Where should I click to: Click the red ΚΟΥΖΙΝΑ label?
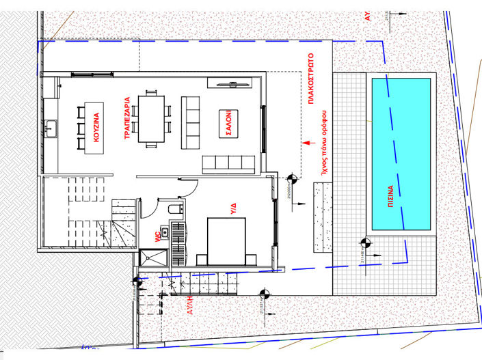[96, 127]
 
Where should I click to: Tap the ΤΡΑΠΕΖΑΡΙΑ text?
[127, 116]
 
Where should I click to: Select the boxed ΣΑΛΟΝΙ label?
[228, 124]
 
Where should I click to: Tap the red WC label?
[157, 237]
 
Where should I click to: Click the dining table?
[151, 119]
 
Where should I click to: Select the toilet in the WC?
[174, 208]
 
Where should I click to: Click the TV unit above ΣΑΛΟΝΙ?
[234, 84]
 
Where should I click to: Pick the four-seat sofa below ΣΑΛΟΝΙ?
[229, 163]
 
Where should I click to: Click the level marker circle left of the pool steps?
[364, 242]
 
